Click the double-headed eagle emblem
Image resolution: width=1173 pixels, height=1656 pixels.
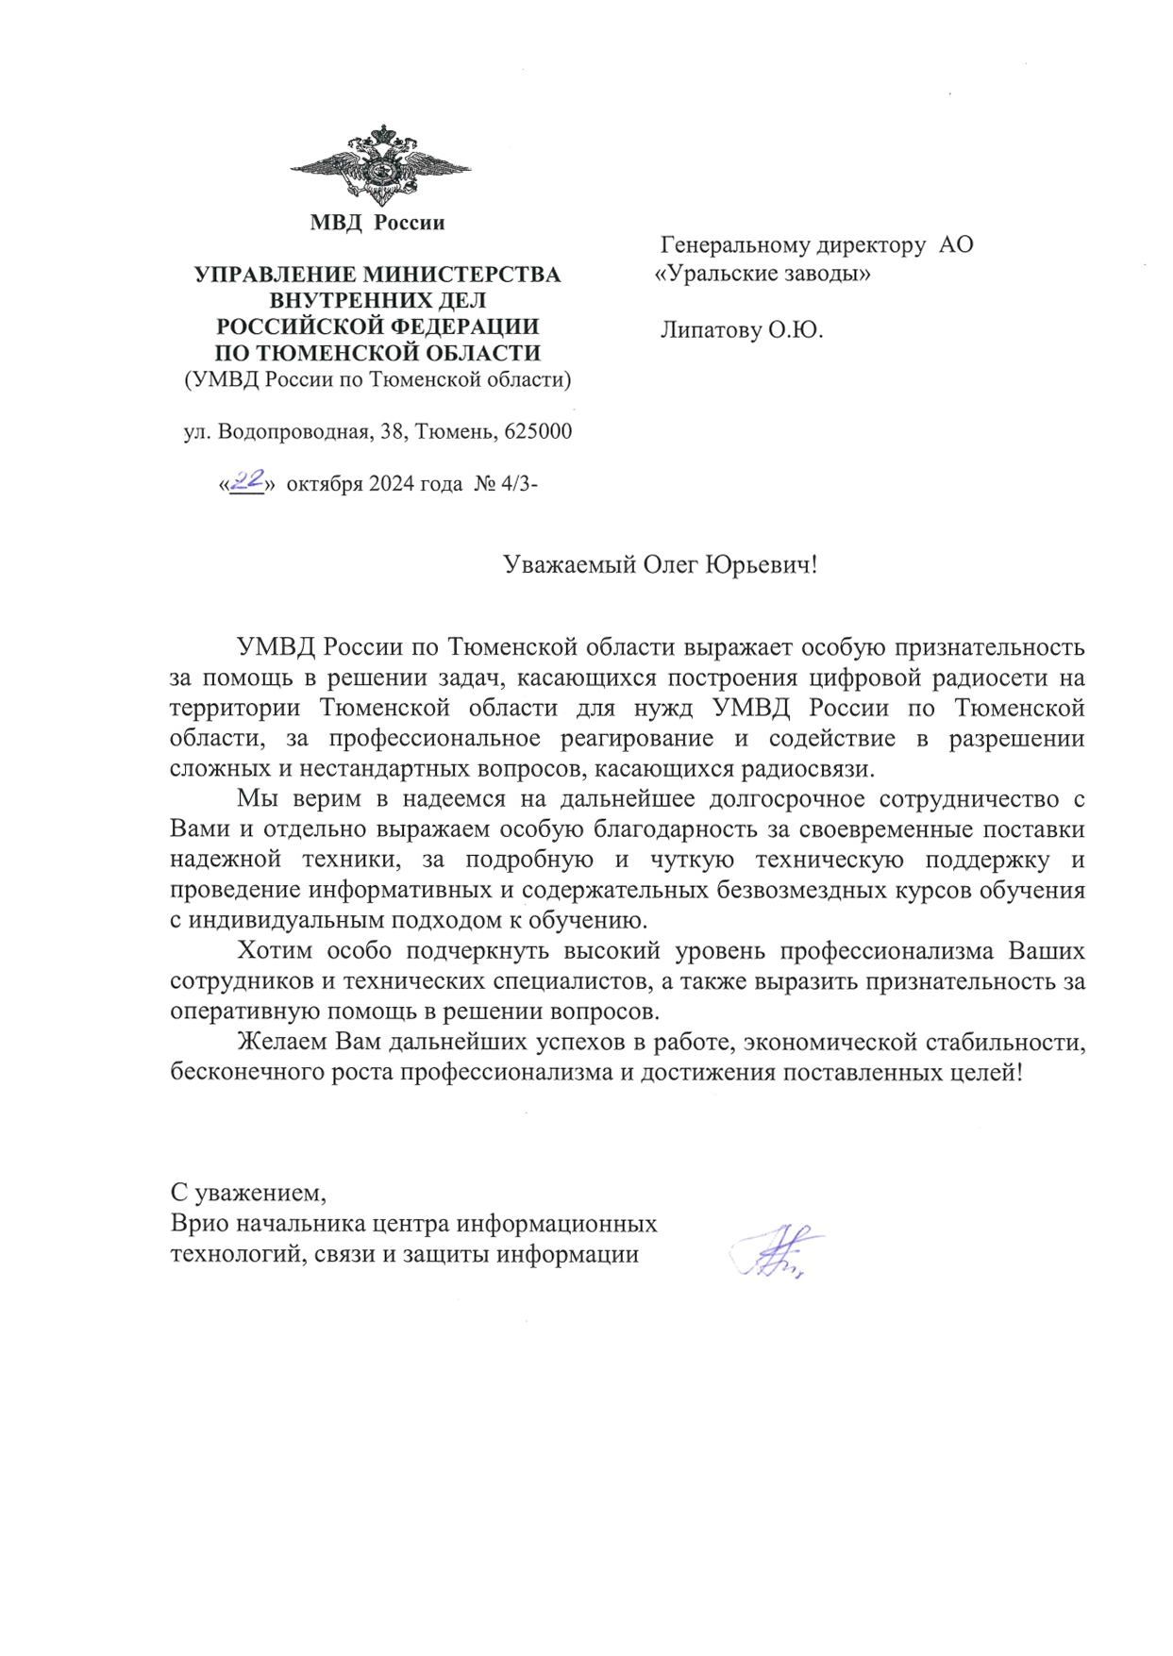pyautogui.click(x=381, y=166)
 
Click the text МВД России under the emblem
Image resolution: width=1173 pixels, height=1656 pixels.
pyautogui.click(x=377, y=224)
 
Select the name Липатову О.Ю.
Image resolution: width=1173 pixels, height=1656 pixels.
pyautogui.click(x=742, y=331)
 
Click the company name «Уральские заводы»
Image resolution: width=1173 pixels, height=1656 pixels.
pyautogui.click(x=762, y=275)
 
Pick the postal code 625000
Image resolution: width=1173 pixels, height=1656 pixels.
pyautogui.click(x=538, y=432)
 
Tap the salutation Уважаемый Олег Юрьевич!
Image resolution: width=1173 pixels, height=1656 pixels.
pyautogui.click(x=660, y=565)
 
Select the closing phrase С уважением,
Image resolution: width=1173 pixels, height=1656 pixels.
pyautogui.click(x=248, y=1193)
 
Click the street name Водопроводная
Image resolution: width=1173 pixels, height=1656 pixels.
pyautogui.click(x=293, y=432)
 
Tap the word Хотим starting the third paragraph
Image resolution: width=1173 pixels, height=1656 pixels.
pyautogui.click(x=274, y=950)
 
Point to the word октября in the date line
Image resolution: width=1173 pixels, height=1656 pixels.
pyautogui.click(x=324, y=485)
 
